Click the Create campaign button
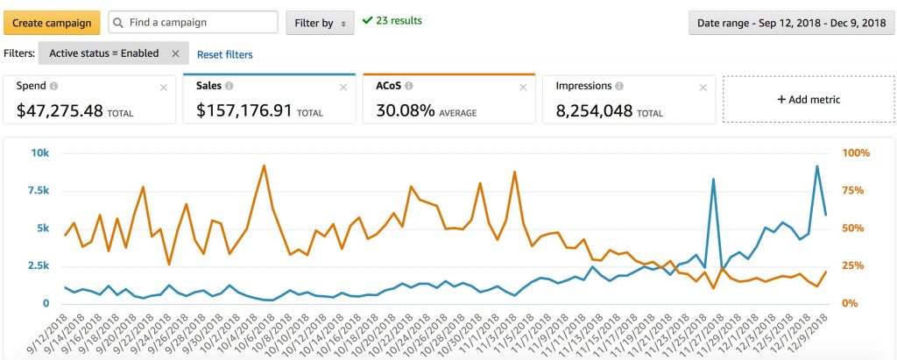pos(51,22)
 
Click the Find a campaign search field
pos(193,22)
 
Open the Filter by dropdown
pos(320,23)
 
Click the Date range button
pos(788,23)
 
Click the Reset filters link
pos(224,54)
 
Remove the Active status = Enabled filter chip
pos(175,53)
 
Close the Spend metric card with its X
pos(163,87)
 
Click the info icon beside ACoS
pos(409,87)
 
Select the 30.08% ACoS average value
pos(406,111)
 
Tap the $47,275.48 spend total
pos(60,111)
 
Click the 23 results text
pos(399,20)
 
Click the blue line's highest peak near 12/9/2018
pos(817,166)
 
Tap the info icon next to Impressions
pos(619,87)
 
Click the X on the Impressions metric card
pos(701,87)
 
